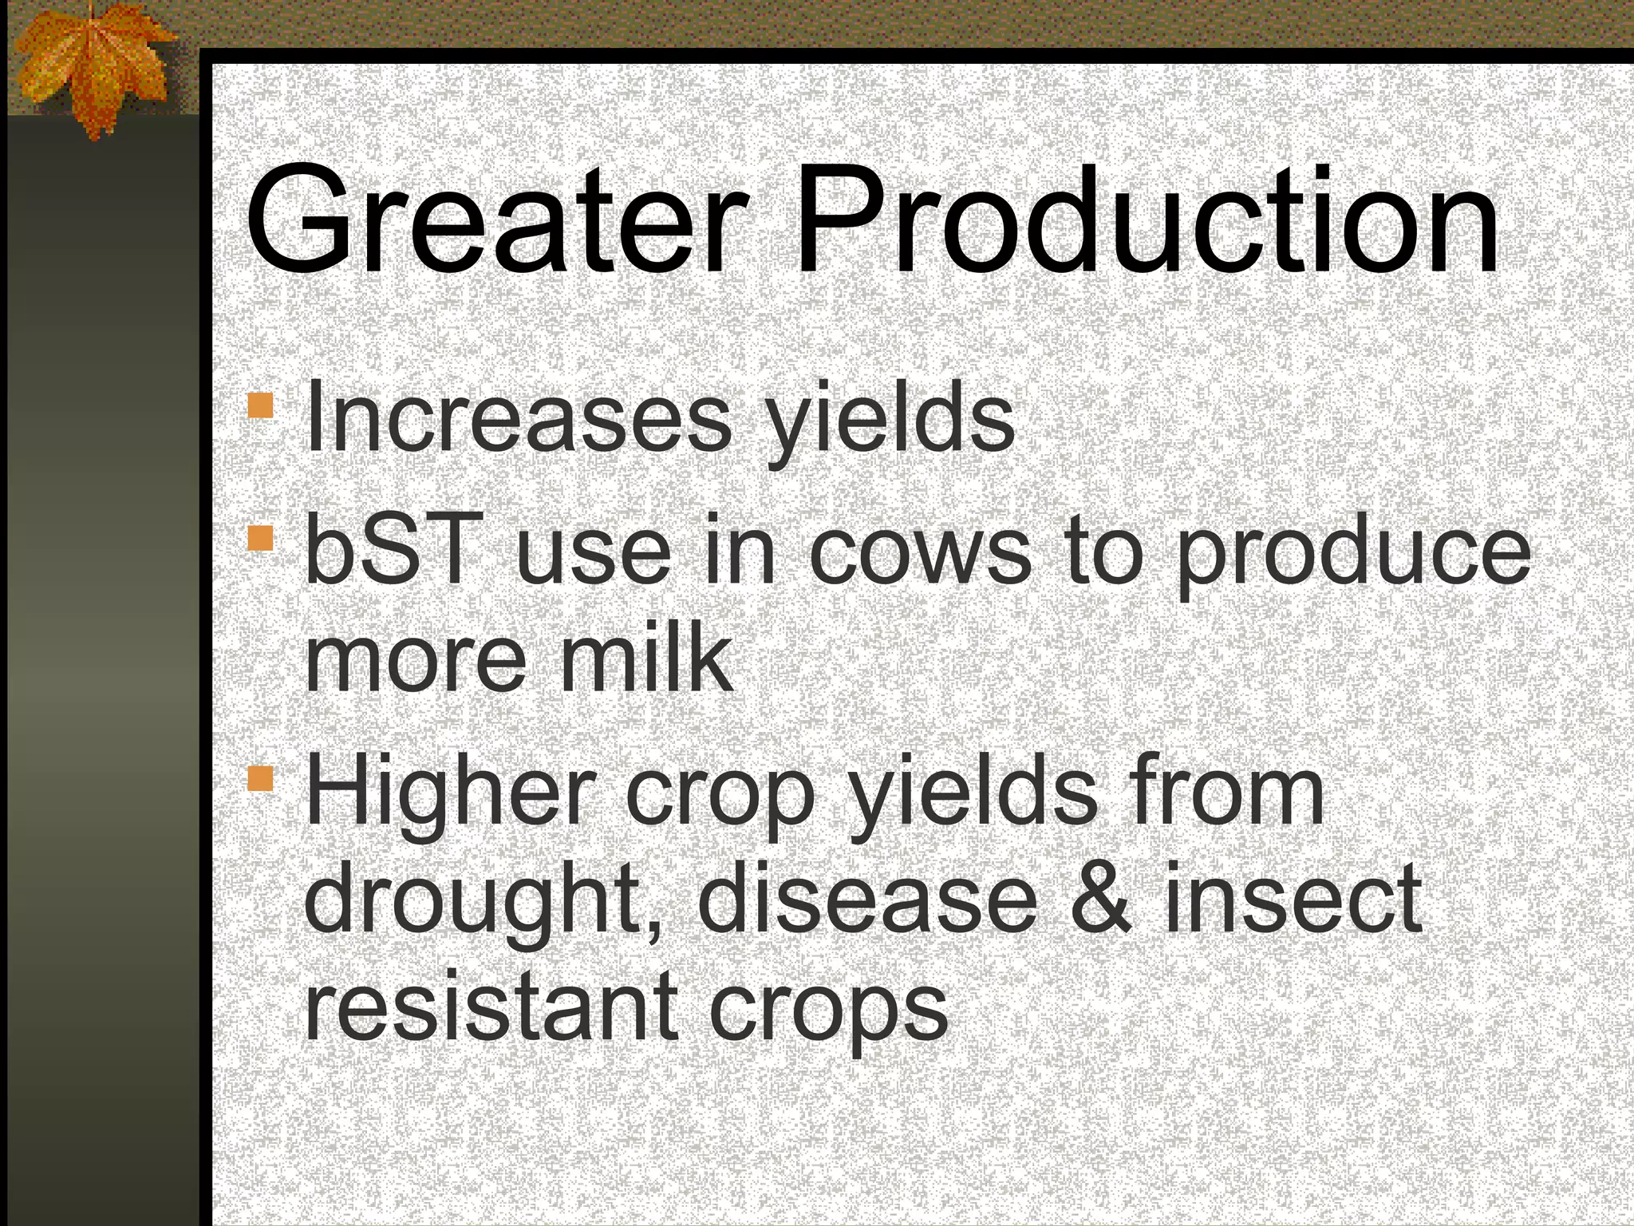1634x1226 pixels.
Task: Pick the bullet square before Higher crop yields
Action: (x=260, y=778)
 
